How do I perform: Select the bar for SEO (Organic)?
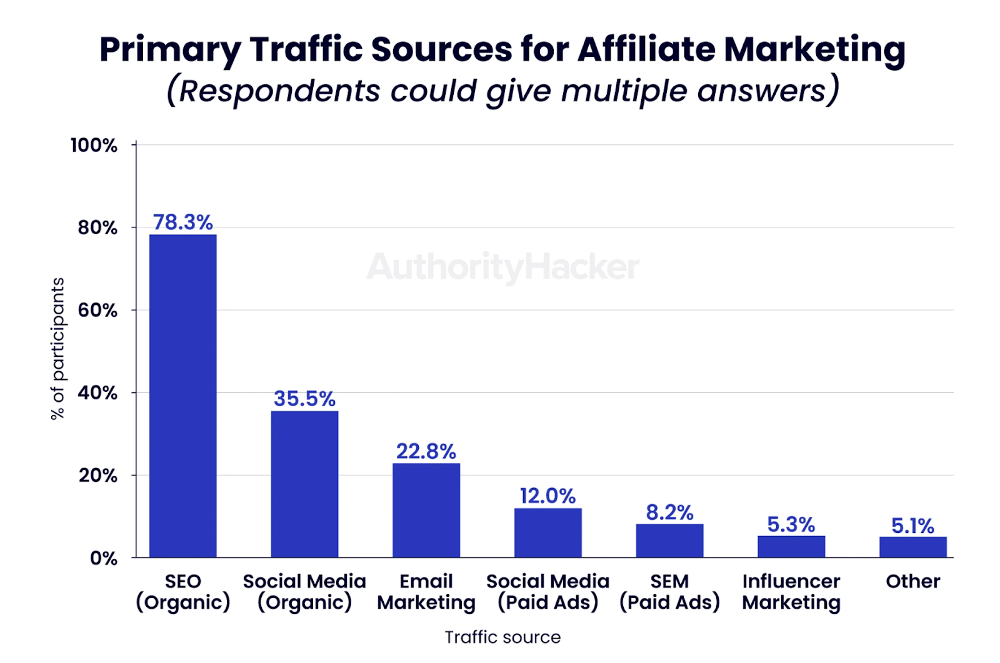point(182,396)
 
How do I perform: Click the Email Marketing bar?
point(426,510)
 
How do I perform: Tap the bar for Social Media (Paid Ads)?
point(547,532)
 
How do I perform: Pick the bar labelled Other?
point(912,547)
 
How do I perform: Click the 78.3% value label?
point(182,222)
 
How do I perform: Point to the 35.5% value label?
point(304,399)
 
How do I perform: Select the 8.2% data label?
point(669,512)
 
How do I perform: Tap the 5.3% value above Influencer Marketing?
point(791,524)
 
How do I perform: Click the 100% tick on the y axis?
point(94,146)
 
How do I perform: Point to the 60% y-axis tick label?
point(97,310)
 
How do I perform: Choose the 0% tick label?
point(103,558)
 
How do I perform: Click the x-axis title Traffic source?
point(502,637)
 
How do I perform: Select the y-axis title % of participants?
point(57,348)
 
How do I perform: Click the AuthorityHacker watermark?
point(502,267)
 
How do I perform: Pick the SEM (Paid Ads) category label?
point(669,592)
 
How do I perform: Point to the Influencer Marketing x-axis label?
point(791,592)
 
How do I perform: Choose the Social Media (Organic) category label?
point(304,592)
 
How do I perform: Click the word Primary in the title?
point(170,50)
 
